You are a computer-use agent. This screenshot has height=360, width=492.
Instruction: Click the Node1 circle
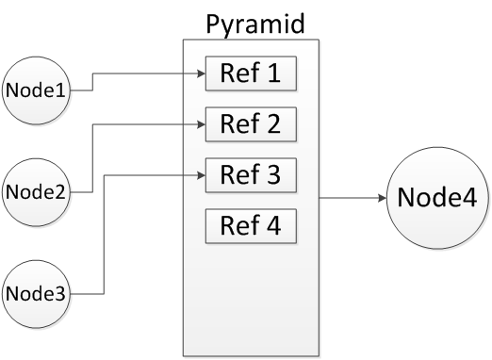37,90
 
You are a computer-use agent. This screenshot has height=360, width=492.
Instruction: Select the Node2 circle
37,192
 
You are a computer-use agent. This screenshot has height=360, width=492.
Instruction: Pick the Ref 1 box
251,73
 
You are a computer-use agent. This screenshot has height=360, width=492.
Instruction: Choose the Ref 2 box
251,123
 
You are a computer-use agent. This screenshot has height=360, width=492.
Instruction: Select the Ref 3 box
251,175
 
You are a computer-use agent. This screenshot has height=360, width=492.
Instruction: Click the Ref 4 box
251,226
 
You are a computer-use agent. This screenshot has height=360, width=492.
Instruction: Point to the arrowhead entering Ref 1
200,73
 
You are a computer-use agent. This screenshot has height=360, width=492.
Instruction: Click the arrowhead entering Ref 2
200,123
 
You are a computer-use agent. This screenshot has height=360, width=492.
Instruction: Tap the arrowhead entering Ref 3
200,175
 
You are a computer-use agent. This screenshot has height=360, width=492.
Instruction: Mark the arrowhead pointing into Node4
382,199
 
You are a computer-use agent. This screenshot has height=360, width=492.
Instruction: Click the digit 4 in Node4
468,199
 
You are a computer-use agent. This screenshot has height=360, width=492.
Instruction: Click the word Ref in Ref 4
238,226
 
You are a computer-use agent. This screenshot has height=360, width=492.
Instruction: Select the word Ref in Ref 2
238,123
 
